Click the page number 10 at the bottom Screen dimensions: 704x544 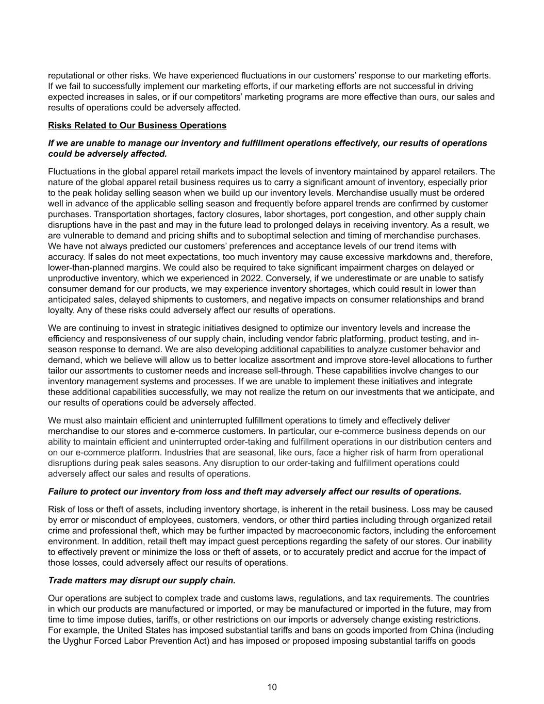click(x=272, y=687)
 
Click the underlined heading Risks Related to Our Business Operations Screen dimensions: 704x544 click(x=137, y=125)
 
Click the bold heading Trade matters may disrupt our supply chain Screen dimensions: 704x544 click(x=142, y=580)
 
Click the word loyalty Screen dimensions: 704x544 click(x=60, y=310)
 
